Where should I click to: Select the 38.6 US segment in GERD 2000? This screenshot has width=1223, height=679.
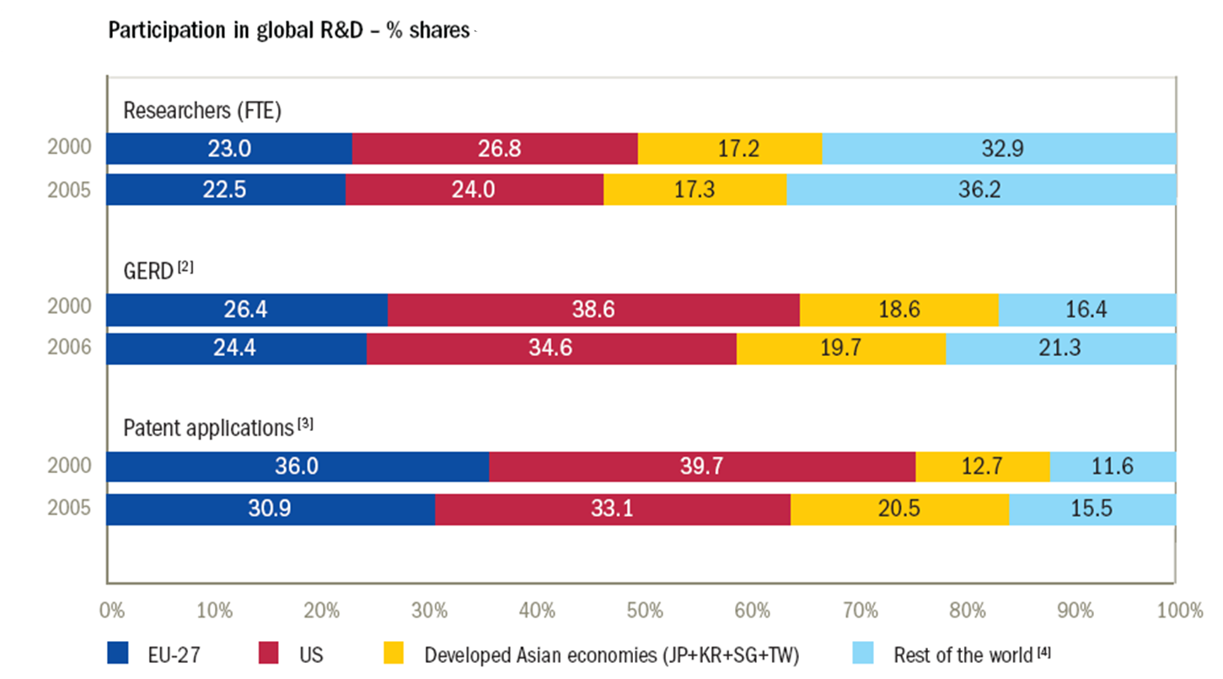pyautogui.click(x=593, y=310)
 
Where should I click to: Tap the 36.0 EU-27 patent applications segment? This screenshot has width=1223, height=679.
pyautogui.click(x=298, y=466)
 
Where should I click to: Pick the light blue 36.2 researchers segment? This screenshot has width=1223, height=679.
pyautogui.click(x=981, y=189)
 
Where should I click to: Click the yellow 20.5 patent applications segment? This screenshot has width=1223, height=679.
pyautogui.click(x=899, y=509)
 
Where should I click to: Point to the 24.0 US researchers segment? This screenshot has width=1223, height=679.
pyautogui.click(x=475, y=189)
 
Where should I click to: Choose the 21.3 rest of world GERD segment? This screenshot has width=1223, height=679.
pyautogui.click(x=1060, y=348)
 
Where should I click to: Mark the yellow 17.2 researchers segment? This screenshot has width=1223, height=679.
pyautogui.click(x=730, y=148)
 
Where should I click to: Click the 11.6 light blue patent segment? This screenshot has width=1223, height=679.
pyautogui.click(x=1113, y=466)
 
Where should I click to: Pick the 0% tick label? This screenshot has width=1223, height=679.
pyautogui.click(x=112, y=610)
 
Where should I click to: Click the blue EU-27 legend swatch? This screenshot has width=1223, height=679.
pyautogui.click(x=117, y=654)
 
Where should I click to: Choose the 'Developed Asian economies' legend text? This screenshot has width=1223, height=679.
pyautogui.click(x=611, y=655)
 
